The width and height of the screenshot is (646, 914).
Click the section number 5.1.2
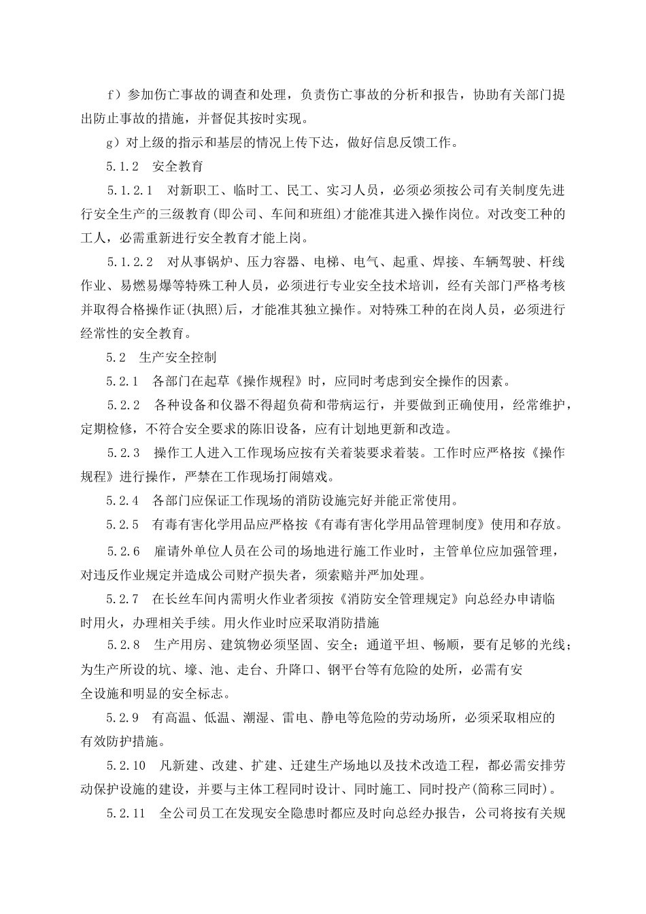coord(122,167)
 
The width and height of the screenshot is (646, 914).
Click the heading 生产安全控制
coord(177,356)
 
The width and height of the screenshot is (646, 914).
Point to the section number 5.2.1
coord(122,380)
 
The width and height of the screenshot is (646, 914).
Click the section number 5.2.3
coord(123,453)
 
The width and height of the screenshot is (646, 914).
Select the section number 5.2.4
coord(122,501)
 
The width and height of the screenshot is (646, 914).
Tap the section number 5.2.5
coord(122,524)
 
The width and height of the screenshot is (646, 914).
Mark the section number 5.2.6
coord(123,550)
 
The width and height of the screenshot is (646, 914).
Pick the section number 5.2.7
coord(122,598)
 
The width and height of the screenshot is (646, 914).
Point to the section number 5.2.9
coord(122,717)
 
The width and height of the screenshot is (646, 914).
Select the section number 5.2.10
coord(126,766)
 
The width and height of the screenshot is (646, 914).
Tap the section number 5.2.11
coord(126,813)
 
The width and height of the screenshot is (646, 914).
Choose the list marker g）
coord(114,143)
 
